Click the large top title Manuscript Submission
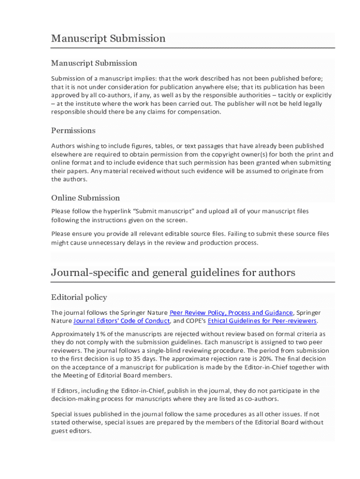coord(108,38)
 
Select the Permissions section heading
coord(73,130)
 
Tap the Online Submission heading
coord(86,197)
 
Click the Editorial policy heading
coord(79,297)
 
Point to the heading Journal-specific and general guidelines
coord(173,272)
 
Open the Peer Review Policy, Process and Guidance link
coord(231,312)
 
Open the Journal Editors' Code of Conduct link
coord(122,321)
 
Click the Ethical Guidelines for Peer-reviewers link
coord(262,321)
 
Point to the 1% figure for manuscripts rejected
coord(101,334)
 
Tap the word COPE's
coord(196,321)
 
